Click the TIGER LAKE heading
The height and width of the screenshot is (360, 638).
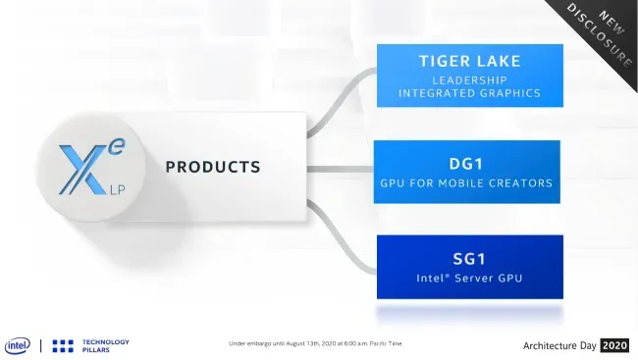(470, 61)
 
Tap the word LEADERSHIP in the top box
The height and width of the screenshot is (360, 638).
(469, 80)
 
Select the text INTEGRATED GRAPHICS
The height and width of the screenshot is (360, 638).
(469, 93)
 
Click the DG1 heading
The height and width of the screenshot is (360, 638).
(466, 164)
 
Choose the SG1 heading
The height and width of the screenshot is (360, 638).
(469, 259)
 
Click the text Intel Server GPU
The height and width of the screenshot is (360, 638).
(469, 279)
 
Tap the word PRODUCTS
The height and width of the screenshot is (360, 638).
(213, 167)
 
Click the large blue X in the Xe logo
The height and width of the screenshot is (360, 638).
(83, 170)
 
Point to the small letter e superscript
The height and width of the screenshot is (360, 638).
(117, 147)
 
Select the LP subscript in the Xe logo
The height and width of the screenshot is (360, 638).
(117, 189)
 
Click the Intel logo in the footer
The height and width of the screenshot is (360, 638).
(18, 346)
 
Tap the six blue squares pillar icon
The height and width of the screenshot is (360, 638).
(63, 346)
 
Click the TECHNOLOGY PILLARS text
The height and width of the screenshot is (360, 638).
(106, 345)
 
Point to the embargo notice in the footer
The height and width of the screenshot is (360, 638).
(315, 343)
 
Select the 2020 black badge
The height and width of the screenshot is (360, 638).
(614, 345)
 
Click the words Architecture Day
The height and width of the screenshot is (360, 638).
(559, 346)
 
